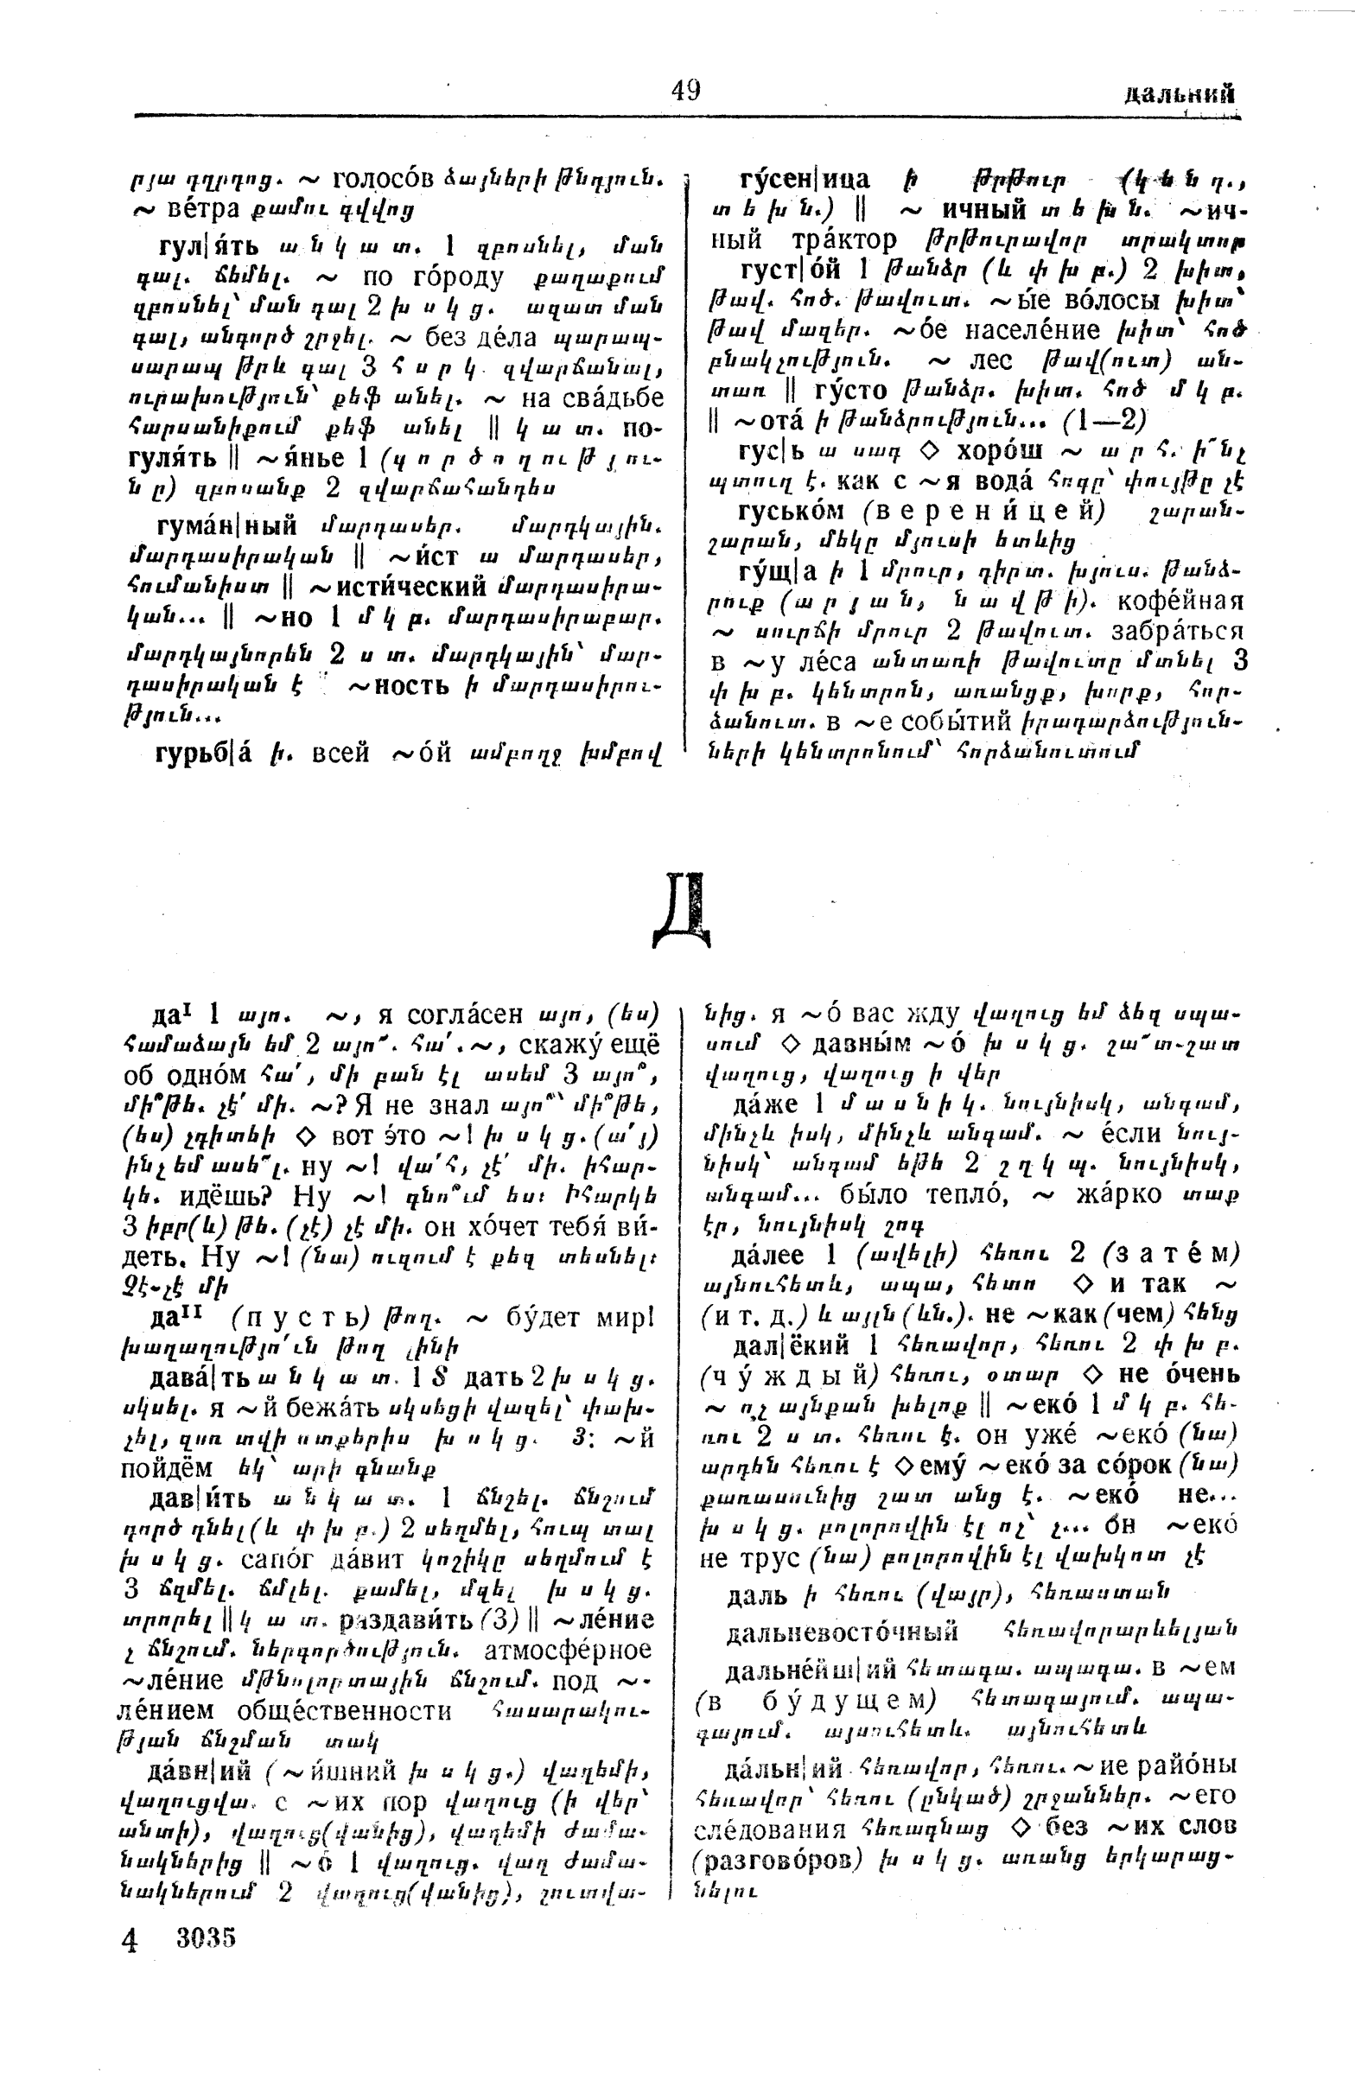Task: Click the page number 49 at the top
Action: coord(686,91)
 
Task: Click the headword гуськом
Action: coord(796,512)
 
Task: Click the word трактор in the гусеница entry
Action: coord(839,239)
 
